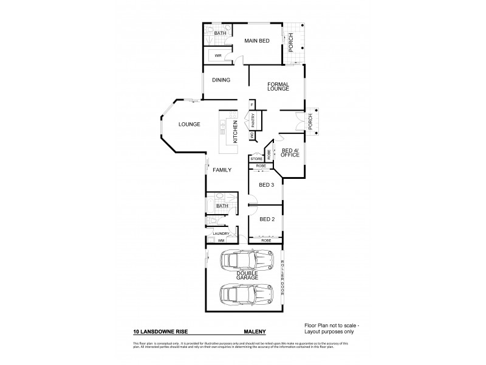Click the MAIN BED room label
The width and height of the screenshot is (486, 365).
tap(256, 41)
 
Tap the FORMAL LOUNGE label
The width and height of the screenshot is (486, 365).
tap(278, 86)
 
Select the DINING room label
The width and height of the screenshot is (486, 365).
tap(221, 80)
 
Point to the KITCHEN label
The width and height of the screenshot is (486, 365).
tap(236, 132)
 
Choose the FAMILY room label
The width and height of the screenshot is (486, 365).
tap(222, 170)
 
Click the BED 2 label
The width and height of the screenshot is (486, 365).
tap(267, 219)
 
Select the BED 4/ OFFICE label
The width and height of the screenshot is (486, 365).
tap(290, 152)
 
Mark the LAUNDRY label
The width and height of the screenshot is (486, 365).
tap(221, 234)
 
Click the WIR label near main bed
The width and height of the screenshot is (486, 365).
tap(217, 55)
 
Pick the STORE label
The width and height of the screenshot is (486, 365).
tap(256, 159)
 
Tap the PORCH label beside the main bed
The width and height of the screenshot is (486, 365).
tap(291, 41)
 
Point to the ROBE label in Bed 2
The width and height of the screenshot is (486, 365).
tap(266, 240)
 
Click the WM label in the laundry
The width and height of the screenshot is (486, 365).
tap(212, 241)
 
